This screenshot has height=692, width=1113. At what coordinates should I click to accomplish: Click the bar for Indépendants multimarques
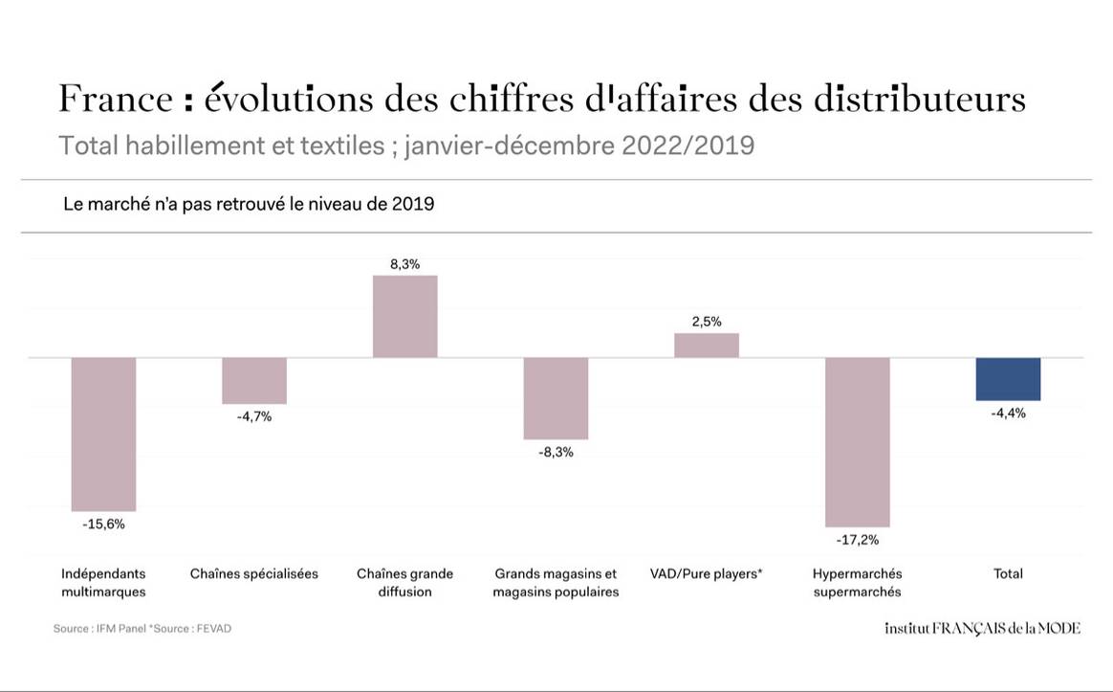pos(103,434)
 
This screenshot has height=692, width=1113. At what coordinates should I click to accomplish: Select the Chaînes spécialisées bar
pos(254,381)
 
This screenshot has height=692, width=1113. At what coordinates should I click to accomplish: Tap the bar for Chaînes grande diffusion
pos(404,317)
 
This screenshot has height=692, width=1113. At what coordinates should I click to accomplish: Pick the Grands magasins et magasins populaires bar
pos(556,398)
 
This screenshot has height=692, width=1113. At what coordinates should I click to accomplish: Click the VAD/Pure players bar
pos(707,346)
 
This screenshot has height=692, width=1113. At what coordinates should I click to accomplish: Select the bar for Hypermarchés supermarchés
pos(858,441)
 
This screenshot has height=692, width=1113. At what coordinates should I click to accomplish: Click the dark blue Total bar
pos(1008,379)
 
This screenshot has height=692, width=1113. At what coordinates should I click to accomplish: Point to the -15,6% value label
pos(103,524)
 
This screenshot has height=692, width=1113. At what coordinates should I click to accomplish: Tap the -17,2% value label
pos(858,540)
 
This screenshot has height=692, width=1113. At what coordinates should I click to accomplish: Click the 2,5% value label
pos(707,322)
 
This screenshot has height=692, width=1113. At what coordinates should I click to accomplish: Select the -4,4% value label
pos(1008,413)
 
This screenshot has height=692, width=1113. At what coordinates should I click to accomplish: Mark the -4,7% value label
pos(254,416)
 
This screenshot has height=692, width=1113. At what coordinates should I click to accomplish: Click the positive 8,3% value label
pos(404,264)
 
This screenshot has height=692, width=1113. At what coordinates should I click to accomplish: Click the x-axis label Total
pos(1008,573)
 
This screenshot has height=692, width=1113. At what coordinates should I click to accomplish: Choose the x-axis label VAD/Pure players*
pos(707,573)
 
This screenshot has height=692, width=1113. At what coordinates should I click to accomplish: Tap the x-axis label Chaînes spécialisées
pos(254,573)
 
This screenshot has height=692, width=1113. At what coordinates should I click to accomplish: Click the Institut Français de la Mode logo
pos(982,629)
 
